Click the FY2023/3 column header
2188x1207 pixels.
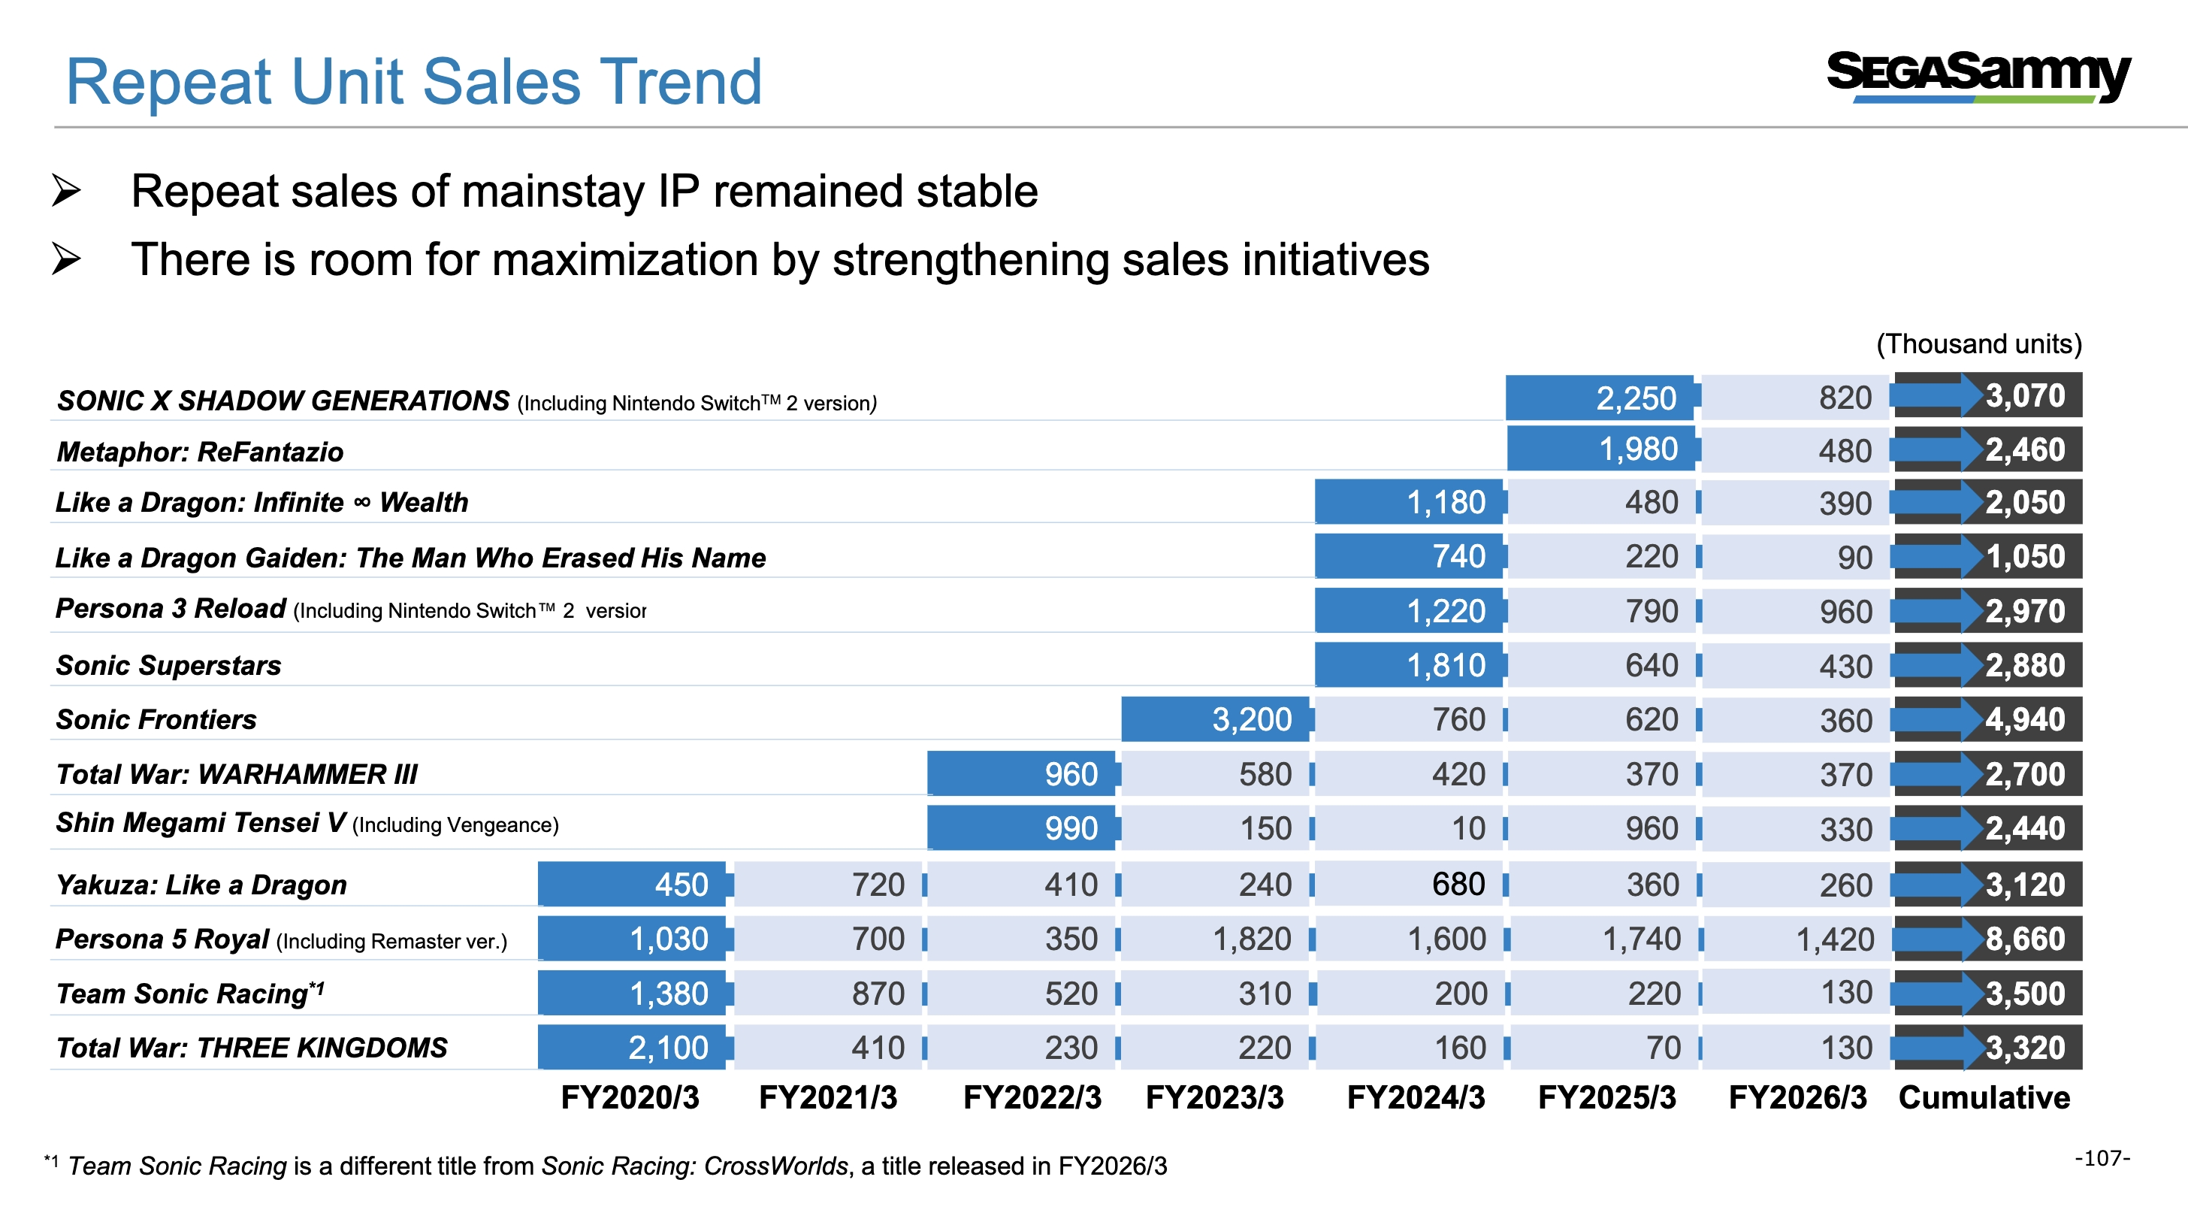pos(1215,1097)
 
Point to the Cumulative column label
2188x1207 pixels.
pos(1984,1097)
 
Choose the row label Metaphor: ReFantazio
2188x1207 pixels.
pos(201,451)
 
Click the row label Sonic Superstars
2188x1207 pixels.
pos(168,665)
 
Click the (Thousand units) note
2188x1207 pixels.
pos(1979,343)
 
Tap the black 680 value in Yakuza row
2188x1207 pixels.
pos(1458,885)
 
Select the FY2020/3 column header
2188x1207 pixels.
pos(630,1097)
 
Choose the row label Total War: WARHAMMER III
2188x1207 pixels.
pos(237,774)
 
